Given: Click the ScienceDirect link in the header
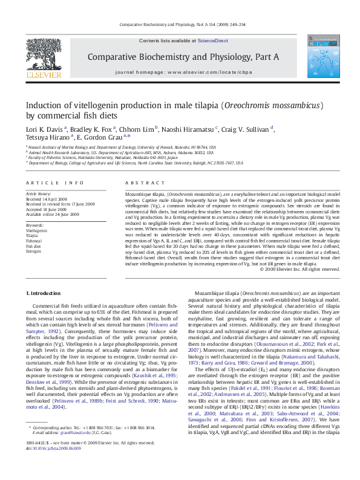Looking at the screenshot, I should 213,41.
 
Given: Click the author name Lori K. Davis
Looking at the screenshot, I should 44,129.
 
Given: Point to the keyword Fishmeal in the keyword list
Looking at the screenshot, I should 34,241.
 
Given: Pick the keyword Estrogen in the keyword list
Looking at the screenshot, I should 34,250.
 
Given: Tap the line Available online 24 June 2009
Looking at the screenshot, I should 53,214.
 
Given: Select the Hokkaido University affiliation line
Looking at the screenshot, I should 105,158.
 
